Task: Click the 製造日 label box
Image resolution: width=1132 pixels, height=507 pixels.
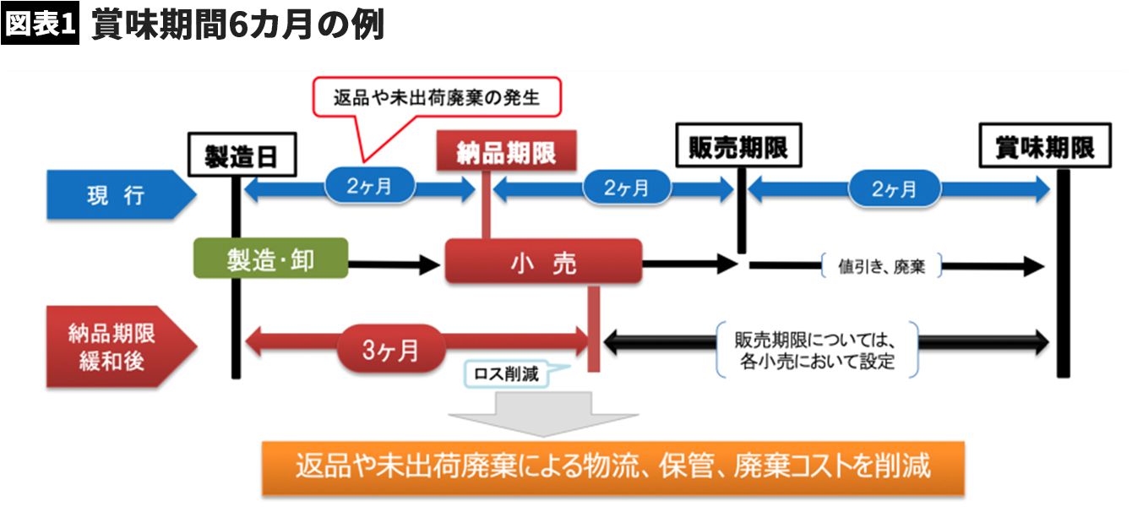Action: pos(240,155)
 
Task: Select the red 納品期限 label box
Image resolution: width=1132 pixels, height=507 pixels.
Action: pos(505,152)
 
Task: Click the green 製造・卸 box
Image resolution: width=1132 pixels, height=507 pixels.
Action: pos(270,259)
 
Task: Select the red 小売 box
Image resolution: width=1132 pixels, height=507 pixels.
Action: pos(543,262)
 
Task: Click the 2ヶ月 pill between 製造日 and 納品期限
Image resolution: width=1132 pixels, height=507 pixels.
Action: pos(369,188)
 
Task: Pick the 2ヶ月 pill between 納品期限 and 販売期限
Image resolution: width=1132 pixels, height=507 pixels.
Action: pos(627,188)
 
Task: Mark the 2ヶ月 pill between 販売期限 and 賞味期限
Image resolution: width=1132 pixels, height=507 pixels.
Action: pos(894,188)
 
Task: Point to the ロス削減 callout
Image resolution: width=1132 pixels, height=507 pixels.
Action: pos(506,373)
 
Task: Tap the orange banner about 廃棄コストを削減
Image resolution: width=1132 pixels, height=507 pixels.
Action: pos(612,466)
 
